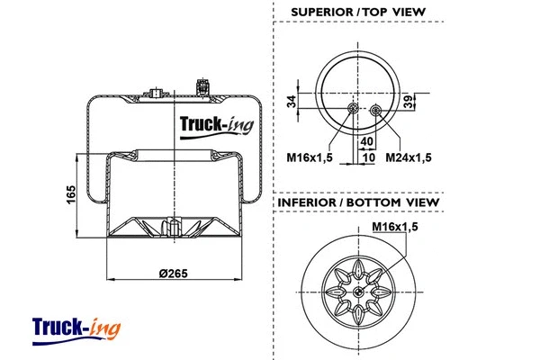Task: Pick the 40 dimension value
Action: (x=366, y=141)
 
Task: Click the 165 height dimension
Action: (x=70, y=194)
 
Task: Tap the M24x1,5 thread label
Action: (x=409, y=157)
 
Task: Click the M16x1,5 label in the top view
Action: (x=310, y=157)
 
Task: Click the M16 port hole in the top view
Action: (x=354, y=110)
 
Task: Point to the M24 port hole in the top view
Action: (x=373, y=111)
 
